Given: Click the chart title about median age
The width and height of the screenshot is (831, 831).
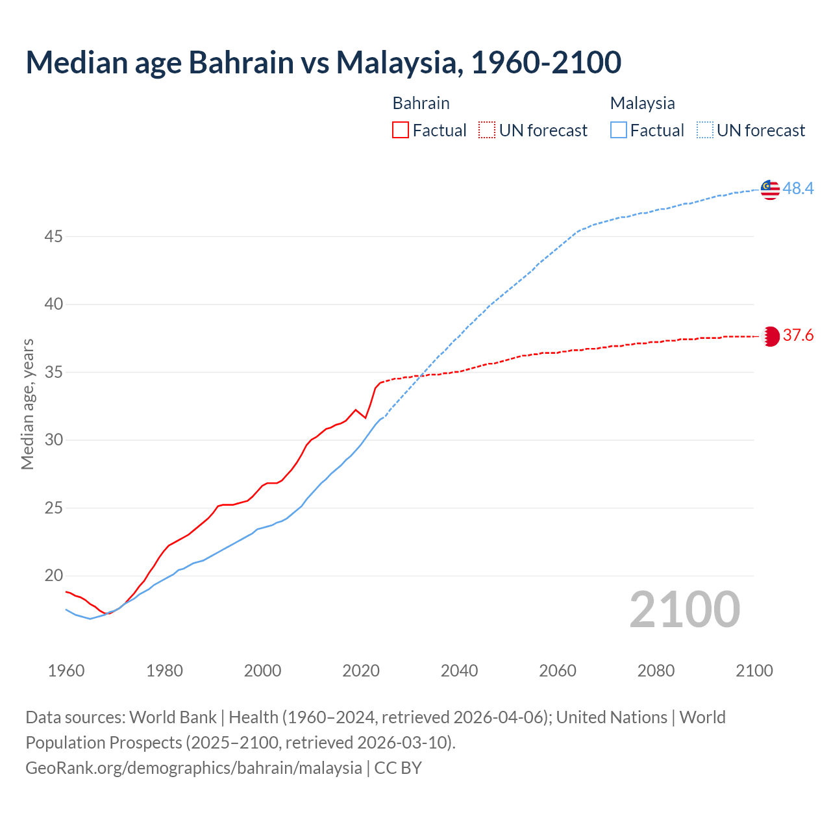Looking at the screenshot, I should [x=323, y=62].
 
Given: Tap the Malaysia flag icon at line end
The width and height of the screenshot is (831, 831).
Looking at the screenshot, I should [x=770, y=189].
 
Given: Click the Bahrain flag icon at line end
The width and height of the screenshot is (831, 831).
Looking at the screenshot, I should [x=771, y=336].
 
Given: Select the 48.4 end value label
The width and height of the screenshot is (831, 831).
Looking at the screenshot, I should [x=798, y=188].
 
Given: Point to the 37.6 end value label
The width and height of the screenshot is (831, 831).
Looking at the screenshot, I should [x=798, y=336].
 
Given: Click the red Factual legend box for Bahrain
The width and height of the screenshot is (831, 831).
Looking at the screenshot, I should [x=401, y=130].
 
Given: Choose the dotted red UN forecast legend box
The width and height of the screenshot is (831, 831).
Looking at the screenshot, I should [x=487, y=130].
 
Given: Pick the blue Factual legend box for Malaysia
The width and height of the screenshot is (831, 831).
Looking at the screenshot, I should [x=619, y=130].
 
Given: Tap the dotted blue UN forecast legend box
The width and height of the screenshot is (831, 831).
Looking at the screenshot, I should [x=705, y=130].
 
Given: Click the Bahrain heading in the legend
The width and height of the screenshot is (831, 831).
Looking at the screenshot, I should [x=421, y=103].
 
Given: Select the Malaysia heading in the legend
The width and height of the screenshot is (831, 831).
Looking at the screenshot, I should [x=642, y=103].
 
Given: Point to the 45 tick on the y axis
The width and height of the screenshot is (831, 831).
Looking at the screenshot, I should [x=53, y=236].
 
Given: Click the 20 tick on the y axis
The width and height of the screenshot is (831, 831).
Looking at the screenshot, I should [x=53, y=576].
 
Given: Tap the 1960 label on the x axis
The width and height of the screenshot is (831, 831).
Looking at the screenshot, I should [x=66, y=671].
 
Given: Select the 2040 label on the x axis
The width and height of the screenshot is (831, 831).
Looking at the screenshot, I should [x=459, y=671].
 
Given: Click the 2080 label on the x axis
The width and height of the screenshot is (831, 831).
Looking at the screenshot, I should [x=656, y=671].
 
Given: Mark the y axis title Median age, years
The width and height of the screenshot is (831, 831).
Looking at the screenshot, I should [x=27, y=404].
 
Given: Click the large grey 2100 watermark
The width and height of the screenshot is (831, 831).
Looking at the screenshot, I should [x=684, y=609].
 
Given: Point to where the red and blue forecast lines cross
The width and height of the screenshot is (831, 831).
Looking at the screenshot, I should [x=420, y=376].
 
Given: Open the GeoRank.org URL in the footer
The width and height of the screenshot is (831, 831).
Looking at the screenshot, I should [x=193, y=768].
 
